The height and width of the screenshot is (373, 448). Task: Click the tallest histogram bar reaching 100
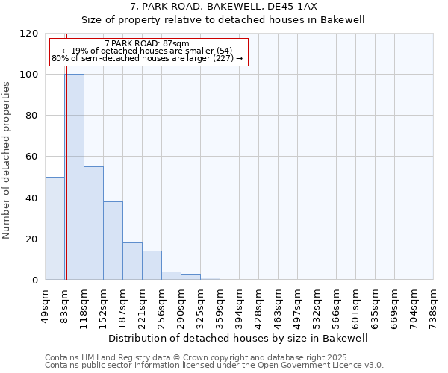tap(75, 177)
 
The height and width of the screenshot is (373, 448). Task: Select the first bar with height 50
tap(55, 228)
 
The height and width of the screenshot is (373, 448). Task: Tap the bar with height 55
tap(93, 223)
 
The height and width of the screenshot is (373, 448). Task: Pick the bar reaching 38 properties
tap(113, 240)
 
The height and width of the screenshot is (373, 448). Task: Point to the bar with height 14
tap(152, 266)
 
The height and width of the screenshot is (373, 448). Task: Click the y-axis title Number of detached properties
tap(7, 160)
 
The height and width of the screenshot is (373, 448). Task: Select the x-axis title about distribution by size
tap(238, 338)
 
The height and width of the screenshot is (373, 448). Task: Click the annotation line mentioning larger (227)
tap(147, 58)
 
